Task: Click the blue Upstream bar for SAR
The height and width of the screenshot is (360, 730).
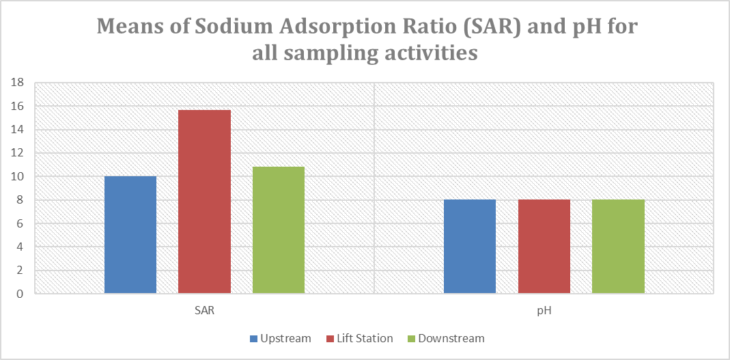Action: point(130,235)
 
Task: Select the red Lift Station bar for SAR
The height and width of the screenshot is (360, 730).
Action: point(204,202)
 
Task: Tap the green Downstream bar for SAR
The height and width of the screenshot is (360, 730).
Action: point(279,230)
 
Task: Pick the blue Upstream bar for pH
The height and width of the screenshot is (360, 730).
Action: point(470,247)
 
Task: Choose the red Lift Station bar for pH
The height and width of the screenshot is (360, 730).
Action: point(544,247)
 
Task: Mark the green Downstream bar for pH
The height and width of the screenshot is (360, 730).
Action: point(618,247)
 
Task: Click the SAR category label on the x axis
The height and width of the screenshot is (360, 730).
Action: point(204,311)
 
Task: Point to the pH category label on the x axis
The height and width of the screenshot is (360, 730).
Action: point(544,311)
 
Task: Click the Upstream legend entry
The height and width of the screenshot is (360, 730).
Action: point(281,338)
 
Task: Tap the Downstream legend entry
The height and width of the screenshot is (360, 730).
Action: point(445,338)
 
